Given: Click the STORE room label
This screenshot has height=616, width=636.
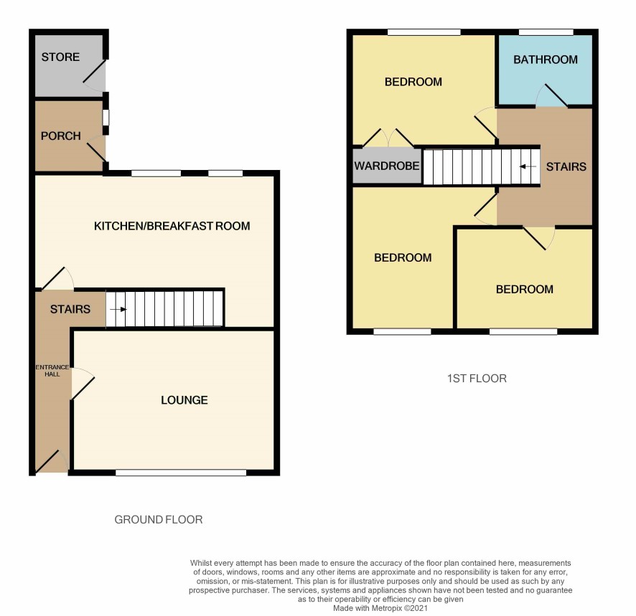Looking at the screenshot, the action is click(60, 57).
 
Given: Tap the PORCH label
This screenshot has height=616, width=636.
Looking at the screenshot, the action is click(61, 136).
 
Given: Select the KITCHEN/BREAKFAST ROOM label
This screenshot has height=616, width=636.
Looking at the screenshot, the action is click(172, 226).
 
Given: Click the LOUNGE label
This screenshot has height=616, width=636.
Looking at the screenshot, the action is click(184, 400).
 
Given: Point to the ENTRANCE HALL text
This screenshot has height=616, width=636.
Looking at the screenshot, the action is click(52, 371).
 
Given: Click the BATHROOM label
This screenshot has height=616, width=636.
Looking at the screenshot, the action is click(546, 60).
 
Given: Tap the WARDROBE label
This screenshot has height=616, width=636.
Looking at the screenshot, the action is click(386, 166).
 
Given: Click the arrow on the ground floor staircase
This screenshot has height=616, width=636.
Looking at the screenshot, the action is click(118, 310).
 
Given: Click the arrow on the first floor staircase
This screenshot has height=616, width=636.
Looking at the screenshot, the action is click(528, 166).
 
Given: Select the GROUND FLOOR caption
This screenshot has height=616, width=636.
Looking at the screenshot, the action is click(159, 519).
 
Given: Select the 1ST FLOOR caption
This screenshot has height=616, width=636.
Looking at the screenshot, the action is click(477, 379).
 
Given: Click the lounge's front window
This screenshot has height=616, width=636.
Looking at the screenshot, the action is click(181, 473).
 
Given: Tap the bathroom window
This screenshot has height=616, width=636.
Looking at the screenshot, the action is click(546, 32).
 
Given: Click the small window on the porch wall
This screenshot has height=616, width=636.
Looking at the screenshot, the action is click(106, 118).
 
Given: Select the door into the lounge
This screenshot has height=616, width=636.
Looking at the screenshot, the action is click(83, 384).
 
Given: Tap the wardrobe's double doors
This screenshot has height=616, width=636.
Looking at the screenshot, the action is click(388, 138).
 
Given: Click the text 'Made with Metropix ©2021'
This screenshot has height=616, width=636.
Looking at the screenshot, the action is click(380, 608).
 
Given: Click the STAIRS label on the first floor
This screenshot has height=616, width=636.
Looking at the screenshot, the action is click(566, 166).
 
